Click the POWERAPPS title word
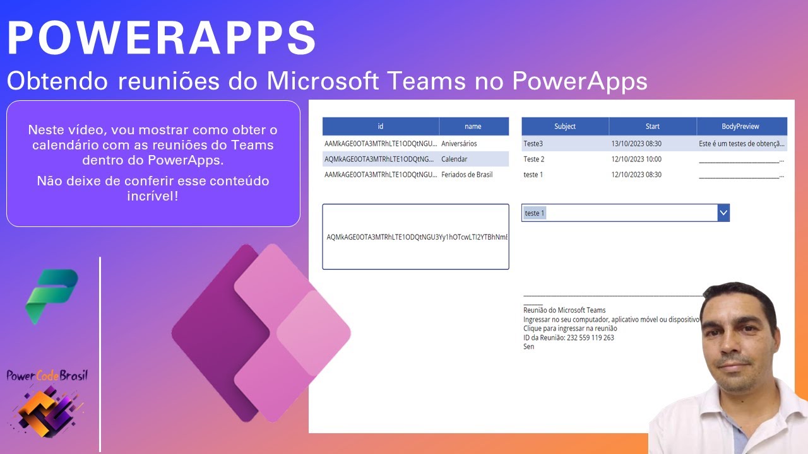coord(162,38)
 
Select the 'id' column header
coord(381,126)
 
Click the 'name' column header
coord(473,126)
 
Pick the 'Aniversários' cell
coord(459,144)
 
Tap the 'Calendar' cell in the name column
coord(454,159)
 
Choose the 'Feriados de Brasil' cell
coord(466,175)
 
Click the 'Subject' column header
coord(565,126)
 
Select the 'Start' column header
coord(652,126)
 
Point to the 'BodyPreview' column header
coord(741,126)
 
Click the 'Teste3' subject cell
coord(533,144)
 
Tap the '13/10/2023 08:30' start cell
coord(636,144)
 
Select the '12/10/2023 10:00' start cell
coord(636,159)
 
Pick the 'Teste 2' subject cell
coord(534,159)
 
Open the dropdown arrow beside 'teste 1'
coord(723,213)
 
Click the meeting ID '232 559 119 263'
coord(590,338)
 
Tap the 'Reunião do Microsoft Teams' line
coord(564,310)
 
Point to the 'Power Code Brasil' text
coord(47,376)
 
